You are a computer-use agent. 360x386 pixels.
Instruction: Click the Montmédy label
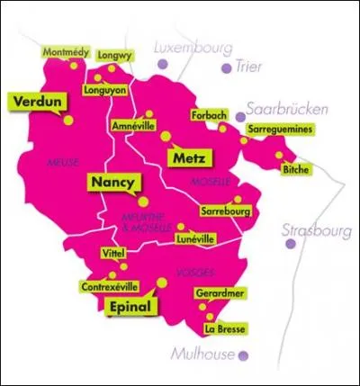click(67, 52)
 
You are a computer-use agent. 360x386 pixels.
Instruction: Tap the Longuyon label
click(104, 90)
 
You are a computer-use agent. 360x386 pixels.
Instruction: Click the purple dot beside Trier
click(226, 67)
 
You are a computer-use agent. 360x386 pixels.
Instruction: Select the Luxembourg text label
click(193, 46)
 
